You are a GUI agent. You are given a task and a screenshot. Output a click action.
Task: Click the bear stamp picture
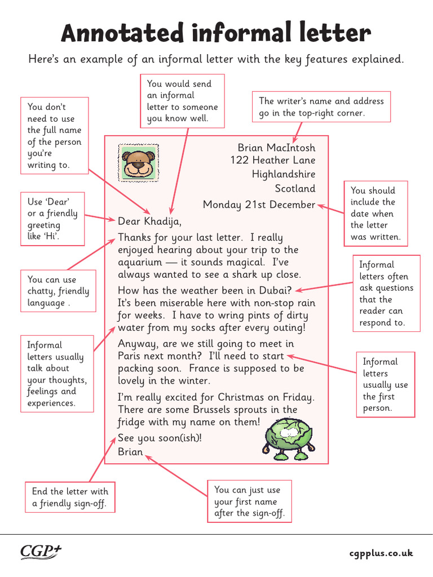pos(138,162)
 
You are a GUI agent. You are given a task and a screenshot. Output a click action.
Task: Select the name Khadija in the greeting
pos(163,221)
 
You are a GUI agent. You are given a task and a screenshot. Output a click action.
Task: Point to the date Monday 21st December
pos(259,204)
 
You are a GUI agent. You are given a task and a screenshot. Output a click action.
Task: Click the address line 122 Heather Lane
pos(272,161)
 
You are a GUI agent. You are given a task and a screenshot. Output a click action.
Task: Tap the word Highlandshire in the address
pos(284,174)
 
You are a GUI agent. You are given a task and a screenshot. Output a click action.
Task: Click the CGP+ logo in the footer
pos(41,552)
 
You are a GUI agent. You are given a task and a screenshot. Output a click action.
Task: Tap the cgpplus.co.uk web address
pos(381,553)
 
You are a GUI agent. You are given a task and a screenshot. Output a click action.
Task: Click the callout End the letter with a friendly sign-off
pos(70,497)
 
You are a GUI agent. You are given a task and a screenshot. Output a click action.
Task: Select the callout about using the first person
pos(386,385)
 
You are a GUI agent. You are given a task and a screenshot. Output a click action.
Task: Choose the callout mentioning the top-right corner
pos(321,107)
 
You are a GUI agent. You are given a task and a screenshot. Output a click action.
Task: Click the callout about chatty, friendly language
pos(59,291)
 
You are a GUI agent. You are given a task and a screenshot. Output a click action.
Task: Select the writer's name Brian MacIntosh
pos(276,148)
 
